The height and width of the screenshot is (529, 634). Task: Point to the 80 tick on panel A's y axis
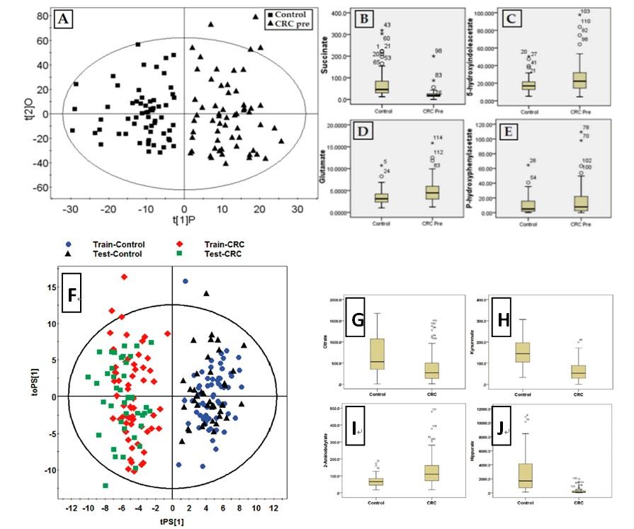coord(41,15)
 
